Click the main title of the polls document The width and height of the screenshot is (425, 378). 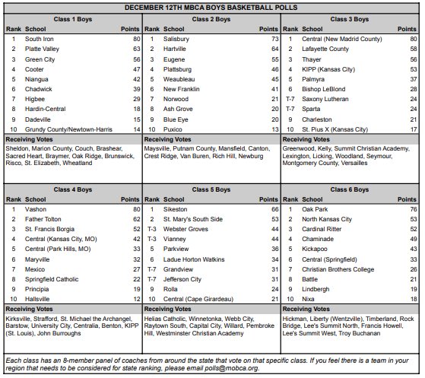coord(211,7)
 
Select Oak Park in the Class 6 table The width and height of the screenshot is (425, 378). coord(315,208)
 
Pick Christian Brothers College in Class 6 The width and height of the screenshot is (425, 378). coord(338,291)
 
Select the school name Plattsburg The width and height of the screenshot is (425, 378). coord(179,68)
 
